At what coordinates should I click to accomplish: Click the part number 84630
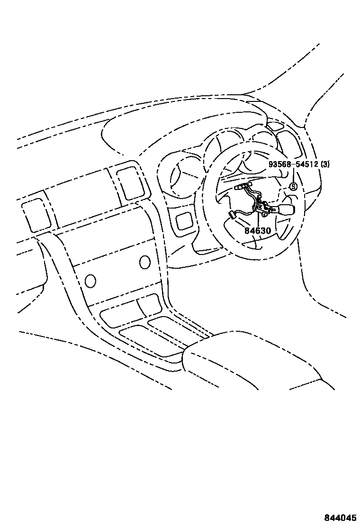tap(257, 232)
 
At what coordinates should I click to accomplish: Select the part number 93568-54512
tap(293, 165)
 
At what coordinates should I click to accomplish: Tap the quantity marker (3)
tap(325, 165)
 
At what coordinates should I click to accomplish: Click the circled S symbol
tap(293, 187)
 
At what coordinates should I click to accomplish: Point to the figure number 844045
tap(340, 517)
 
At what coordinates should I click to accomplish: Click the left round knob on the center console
tap(90, 281)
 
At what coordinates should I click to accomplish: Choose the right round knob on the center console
tap(145, 262)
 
